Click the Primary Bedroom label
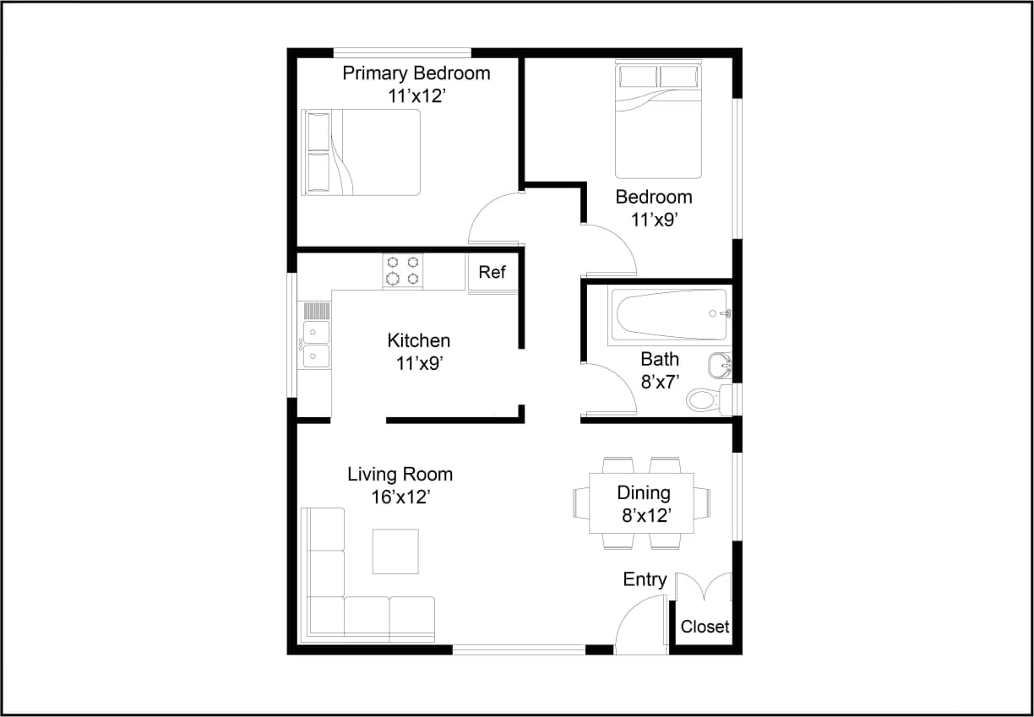[x=416, y=73]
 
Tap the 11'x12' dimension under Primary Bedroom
[x=416, y=96]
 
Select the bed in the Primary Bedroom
[x=362, y=152]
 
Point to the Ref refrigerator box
[x=492, y=272]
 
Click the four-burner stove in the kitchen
[x=402, y=271]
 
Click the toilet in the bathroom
[x=706, y=399]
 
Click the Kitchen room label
[x=418, y=341]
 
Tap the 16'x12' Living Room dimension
[x=400, y=497]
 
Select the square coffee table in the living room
[x=395, y=551]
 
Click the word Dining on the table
[x=643, y=493]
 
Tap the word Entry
[x=645, y=579]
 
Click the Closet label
[x=705, y=627]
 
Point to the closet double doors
[x=704, y=588]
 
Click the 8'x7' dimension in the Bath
[x=659, y=382]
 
